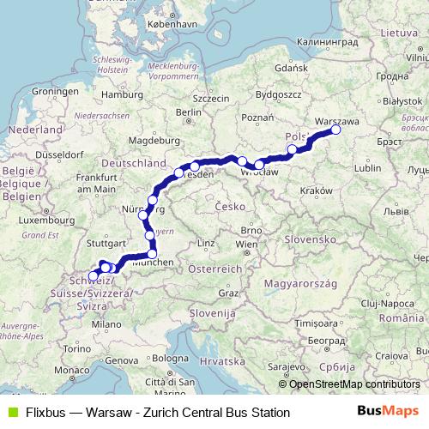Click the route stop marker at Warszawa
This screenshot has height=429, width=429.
335,130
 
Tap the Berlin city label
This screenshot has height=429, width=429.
188,112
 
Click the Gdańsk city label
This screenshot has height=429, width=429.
292,68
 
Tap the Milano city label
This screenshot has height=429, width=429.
107,324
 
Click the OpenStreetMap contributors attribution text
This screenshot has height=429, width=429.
354,384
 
